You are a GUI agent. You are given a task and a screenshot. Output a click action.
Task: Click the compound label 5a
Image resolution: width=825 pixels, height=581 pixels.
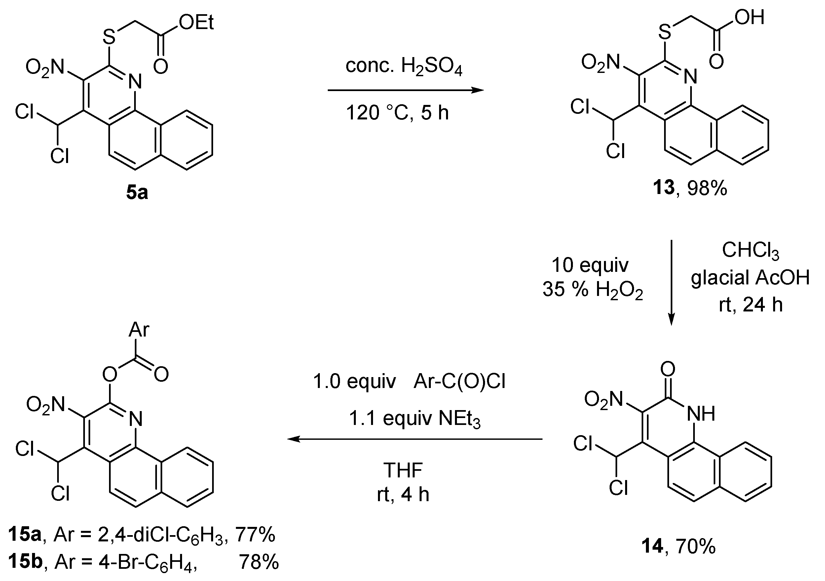coord(137,193)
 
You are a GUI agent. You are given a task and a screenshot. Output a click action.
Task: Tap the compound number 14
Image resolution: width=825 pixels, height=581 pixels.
coord(652,546)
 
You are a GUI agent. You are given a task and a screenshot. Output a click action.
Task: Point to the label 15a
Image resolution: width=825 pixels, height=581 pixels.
coord(24,534)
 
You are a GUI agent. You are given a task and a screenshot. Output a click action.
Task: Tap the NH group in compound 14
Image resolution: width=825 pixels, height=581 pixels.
coord(701,414)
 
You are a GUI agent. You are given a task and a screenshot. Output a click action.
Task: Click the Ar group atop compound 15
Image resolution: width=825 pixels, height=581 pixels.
coord(139,330)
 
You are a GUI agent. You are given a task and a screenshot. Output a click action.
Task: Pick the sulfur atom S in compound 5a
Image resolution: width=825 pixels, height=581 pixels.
coord(109,36)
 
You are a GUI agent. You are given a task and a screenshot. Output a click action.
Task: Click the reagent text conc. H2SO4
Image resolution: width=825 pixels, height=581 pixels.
coord(404,66)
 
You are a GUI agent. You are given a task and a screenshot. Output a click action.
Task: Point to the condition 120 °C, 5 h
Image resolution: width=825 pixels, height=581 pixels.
coord(397,113)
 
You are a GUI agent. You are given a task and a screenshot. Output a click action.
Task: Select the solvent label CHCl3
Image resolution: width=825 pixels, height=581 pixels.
coord(750,250)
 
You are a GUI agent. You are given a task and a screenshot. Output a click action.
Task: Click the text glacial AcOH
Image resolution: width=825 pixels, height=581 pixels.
coord(750,277)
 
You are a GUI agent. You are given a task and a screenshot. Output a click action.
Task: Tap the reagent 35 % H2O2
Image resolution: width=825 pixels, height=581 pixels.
coord(592,289)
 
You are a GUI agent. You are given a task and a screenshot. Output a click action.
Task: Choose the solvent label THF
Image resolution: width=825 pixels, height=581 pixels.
coord(403,470)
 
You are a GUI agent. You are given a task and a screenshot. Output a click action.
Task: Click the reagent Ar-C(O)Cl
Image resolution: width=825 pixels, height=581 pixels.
coord(460,381)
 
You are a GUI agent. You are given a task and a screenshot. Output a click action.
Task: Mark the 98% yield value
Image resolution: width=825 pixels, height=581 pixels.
coord(707,188)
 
